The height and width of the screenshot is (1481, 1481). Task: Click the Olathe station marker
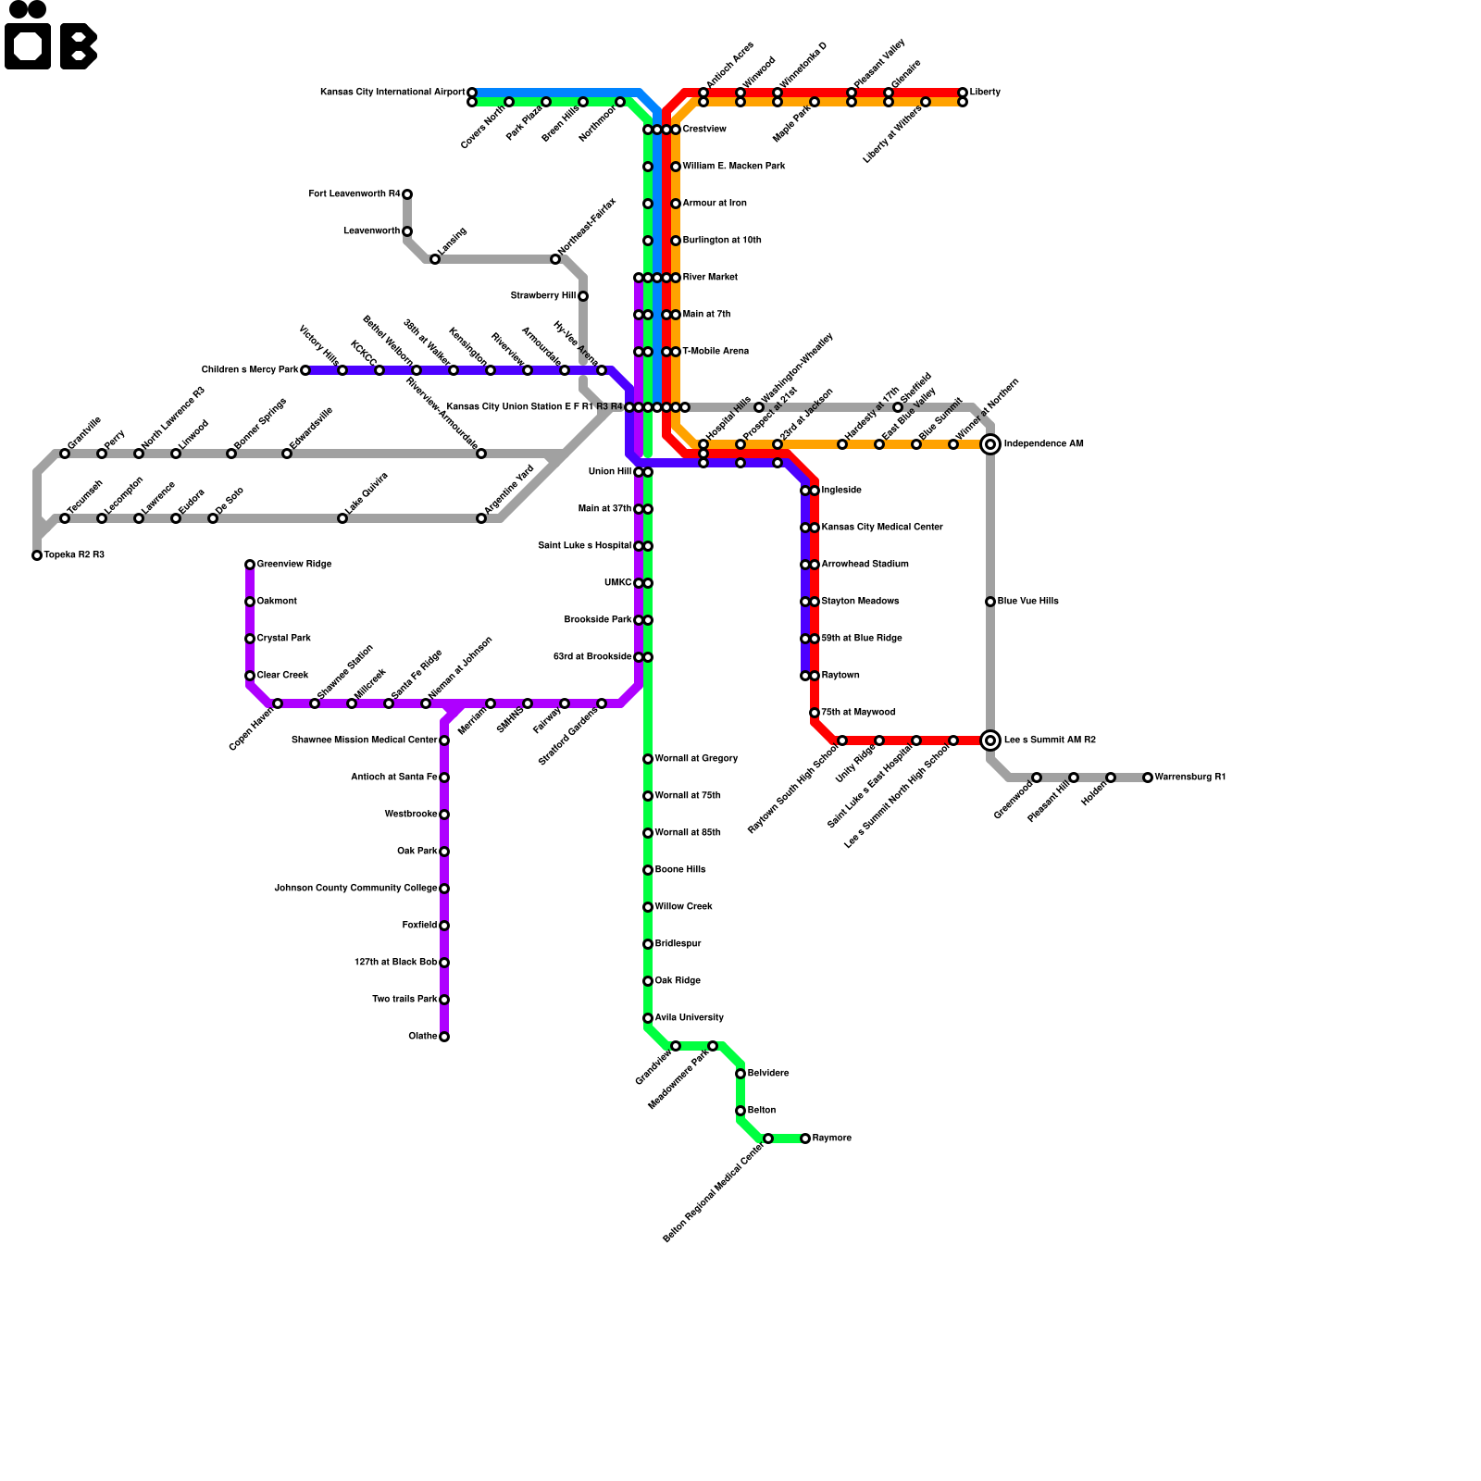(x=444, y=1037)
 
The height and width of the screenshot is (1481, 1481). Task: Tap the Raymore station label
(x=832, y=1139)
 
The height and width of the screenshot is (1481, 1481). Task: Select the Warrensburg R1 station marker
(x=1148, y=778)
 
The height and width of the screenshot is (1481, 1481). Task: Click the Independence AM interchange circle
(x=990, y=444)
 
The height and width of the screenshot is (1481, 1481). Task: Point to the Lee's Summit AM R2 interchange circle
(x=990, y=740)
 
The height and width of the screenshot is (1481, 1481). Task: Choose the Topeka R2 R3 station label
(x=74, y=555)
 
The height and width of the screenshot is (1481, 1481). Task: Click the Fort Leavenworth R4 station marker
(x=407, y=194)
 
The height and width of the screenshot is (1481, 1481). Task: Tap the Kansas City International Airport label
(x=392, y=93)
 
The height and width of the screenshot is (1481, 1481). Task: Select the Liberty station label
(x=985, y=93)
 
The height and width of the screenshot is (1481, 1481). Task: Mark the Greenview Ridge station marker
(x=250, y=565)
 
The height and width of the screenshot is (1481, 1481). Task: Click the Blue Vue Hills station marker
(x=990, y=602)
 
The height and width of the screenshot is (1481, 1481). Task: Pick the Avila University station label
(x=690, y=1018)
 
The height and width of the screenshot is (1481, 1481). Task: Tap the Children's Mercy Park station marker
(x=305, y=370)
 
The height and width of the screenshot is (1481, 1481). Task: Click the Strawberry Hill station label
(x=543, y=296)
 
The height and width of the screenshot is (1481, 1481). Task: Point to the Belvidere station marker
(x=740, y=1074)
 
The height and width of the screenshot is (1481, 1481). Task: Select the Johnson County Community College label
(x=355, y=889)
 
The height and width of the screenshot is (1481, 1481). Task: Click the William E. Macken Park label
(x=734, y=167)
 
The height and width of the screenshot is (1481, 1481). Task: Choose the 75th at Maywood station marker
(x=815, y=713)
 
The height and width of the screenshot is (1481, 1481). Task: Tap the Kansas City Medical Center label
(x=882, y=528)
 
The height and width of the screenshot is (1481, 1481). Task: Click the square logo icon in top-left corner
(x=28, y=46)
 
